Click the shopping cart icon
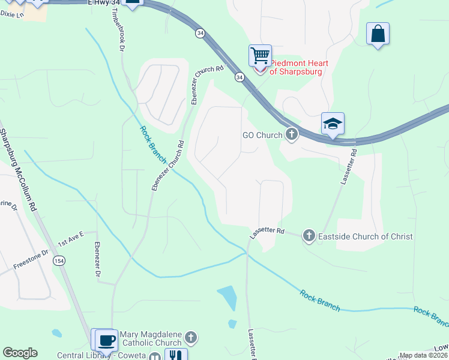point(260,56)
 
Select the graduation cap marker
point(333,124)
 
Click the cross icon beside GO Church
point(292,134)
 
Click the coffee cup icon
point(106,340)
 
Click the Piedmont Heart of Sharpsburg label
point(295,67)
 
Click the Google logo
point(20,353)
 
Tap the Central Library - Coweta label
point(101,355)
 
